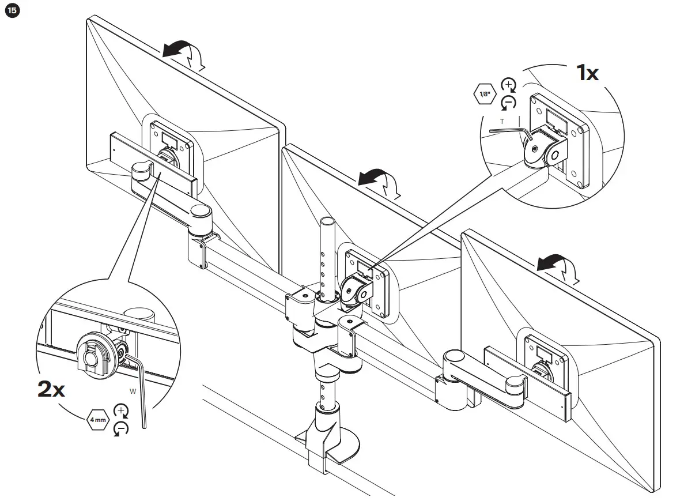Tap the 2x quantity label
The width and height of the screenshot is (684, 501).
[51, 390]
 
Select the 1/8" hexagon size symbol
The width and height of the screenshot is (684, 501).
[485, 94]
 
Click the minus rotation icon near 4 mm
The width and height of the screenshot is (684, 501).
[121, 428]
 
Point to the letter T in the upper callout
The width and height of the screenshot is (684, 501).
[501, 121]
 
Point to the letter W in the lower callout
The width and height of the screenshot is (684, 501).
[133, 391]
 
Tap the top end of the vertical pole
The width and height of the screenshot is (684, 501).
[327, 223]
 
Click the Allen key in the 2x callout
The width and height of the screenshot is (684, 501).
[142, 392]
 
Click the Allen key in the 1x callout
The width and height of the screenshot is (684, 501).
[507, 131]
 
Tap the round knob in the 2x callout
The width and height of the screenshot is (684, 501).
[89, 358]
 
